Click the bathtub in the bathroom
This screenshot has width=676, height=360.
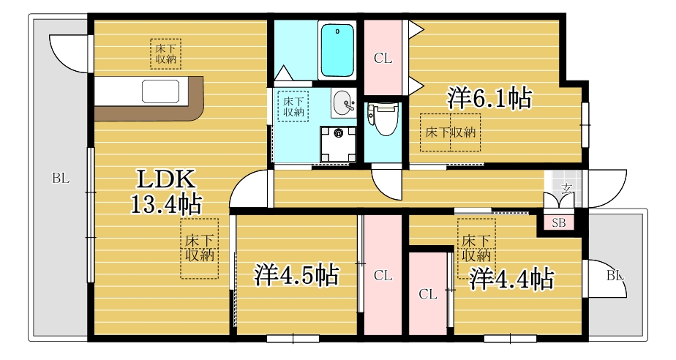[337, 50]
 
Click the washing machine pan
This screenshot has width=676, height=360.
[339, 143]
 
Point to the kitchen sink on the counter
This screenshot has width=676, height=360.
[160, 91]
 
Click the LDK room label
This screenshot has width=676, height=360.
[166, 179]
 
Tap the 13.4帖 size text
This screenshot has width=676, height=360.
[166, 204]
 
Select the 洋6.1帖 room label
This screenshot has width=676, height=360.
[489, 98]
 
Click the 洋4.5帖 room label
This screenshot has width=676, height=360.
[296, 274]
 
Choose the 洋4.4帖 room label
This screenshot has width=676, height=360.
[511, 279]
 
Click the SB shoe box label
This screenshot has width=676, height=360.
[559, 223]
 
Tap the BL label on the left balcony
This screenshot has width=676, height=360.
[61, 178]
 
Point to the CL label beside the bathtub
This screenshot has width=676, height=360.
[383, 59]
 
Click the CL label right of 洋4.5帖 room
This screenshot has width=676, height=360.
[383, 275]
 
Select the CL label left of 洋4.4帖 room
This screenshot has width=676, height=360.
[428, 294]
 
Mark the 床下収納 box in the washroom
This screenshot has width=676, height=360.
[293, 106]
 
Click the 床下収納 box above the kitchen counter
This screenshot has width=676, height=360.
[165, 54]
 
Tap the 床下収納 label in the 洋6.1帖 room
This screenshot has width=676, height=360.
[451, 132]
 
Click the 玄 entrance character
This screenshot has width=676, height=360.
[567, 187]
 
